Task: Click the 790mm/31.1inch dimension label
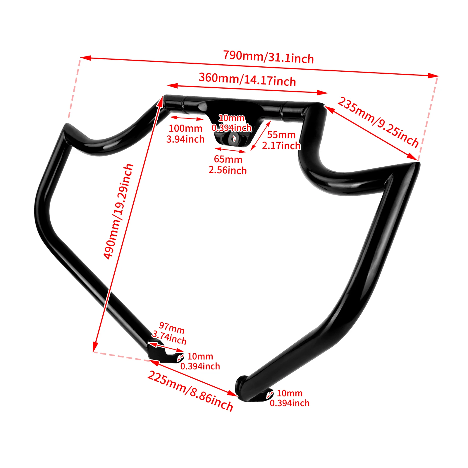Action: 269,57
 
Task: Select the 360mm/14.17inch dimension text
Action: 247,79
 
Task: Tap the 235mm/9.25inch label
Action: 378,122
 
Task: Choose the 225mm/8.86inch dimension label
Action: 190,391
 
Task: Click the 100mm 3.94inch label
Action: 185,133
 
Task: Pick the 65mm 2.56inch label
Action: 228,165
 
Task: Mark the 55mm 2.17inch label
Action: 281,140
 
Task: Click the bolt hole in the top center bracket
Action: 234,139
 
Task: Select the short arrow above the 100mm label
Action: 186,118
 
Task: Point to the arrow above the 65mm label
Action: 230,150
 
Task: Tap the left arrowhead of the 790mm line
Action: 85,58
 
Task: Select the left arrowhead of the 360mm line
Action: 172,85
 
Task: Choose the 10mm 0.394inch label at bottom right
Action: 290,398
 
